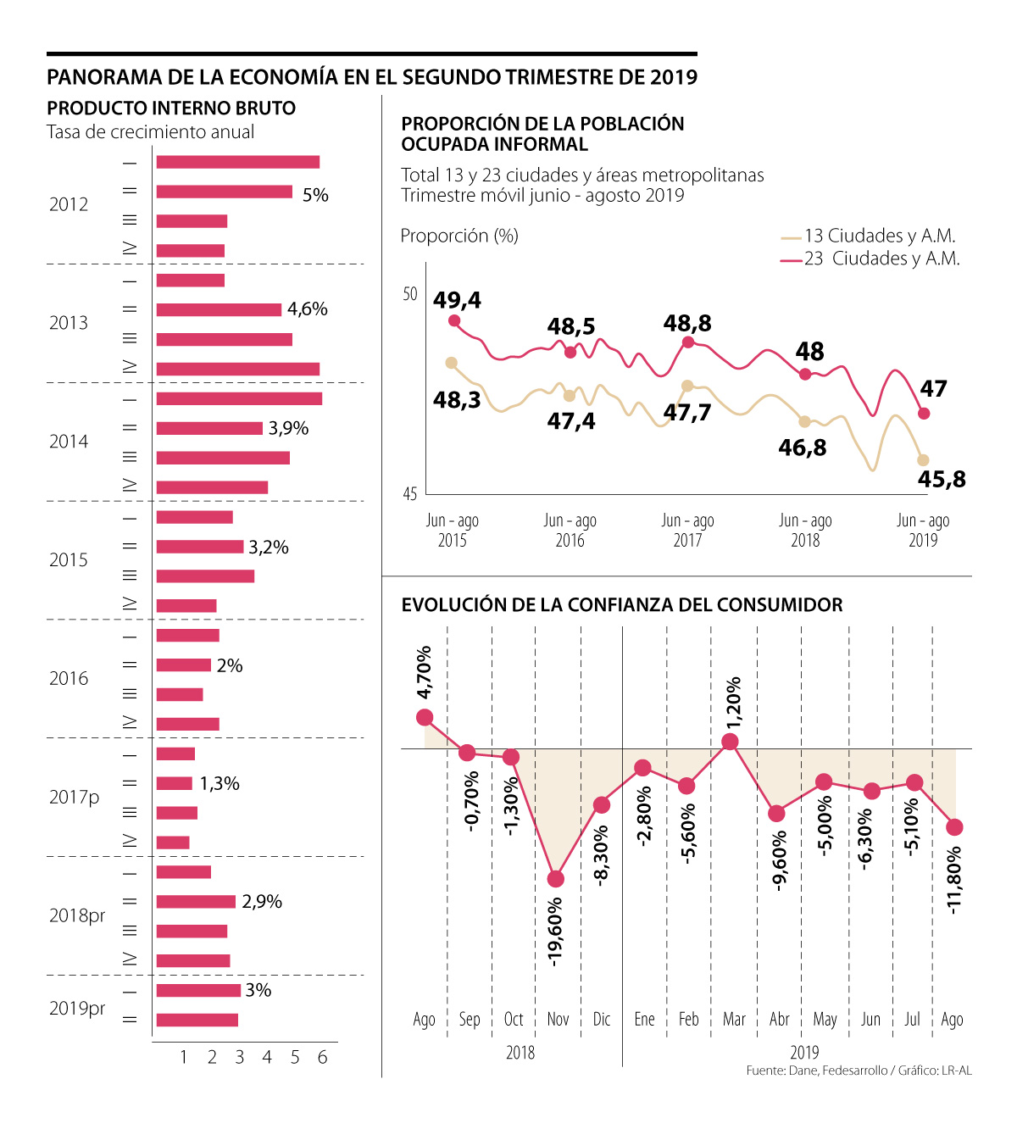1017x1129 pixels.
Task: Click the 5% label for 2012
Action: [x=315, y=195]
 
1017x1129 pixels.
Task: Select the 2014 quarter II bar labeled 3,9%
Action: [x=209, y=429]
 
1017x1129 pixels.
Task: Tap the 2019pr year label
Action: [x=77, y=1008]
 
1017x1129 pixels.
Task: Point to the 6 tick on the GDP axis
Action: [x=322, y=1057]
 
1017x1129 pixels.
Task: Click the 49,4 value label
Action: [x=457, y=300]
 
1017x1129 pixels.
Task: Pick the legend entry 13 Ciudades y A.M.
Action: [x=879, y=236]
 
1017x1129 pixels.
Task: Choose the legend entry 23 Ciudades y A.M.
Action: [x=881, y=259]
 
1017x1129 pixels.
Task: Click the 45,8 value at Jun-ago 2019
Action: [x=942, y=479]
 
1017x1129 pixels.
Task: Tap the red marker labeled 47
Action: [x=924, y=414]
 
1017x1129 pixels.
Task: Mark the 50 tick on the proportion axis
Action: [x=410, y=294]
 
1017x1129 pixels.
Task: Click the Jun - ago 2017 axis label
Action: [x=687, y=530]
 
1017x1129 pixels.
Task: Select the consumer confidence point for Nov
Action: [x=556, y=879]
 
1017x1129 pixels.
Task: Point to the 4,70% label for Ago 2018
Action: [x=425, y=672]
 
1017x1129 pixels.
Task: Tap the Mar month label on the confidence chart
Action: [x=734, y=1019]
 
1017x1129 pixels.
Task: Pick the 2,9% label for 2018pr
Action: [x=262, y=902]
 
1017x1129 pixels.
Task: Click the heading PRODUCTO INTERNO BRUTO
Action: [x=171, y=108]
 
